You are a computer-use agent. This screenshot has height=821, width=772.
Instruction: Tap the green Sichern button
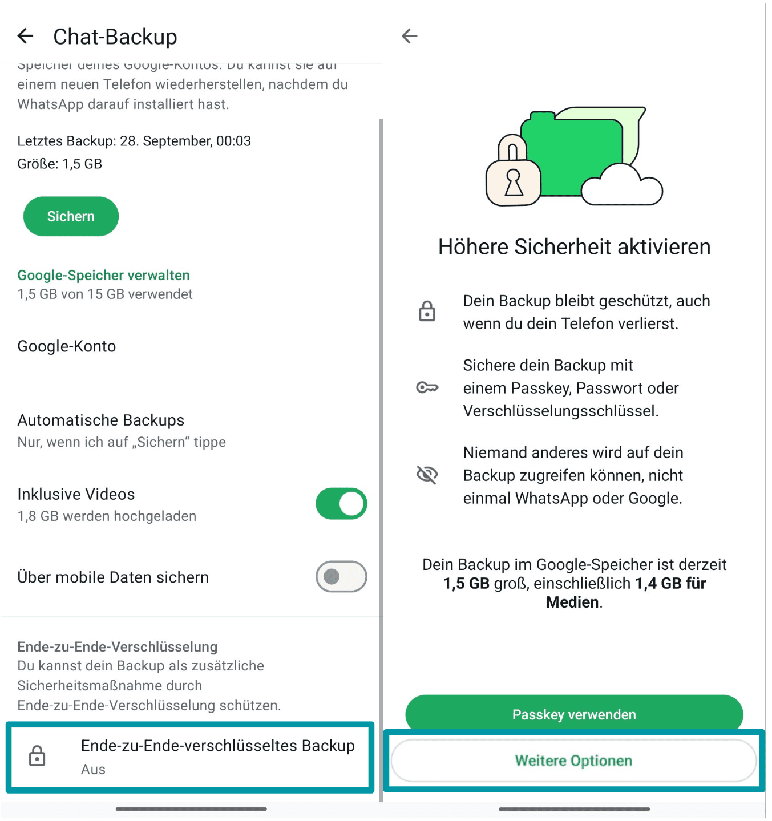(71, 216)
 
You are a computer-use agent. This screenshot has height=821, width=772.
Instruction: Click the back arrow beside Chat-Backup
(26, 37)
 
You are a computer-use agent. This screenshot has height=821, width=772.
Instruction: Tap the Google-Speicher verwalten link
(103, 275)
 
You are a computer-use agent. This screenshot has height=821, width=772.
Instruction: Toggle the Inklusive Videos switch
(341, 504)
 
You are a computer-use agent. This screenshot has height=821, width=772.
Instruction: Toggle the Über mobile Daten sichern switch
(341, 577)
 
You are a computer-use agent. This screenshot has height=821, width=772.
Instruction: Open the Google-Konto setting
(67, 346)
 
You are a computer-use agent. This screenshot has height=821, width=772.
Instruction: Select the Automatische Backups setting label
(101, 420)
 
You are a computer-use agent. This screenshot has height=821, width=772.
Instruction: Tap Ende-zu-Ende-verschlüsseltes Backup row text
(217, 746)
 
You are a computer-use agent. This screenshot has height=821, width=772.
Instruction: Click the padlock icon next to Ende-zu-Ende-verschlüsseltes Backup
(38, 756)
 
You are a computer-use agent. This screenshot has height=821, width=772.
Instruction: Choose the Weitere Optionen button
(573, 761)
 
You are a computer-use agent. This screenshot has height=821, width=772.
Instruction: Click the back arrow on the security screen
(410, 37)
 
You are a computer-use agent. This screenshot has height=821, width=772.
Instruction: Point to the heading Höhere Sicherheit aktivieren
(574, 247)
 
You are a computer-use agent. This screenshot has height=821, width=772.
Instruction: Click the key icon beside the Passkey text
(427, 388)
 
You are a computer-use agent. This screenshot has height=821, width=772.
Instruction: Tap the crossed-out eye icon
(427, 475)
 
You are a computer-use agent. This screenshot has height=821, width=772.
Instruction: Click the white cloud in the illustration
(622, 187)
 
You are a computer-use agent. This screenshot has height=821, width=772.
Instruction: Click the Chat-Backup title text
(115, 37)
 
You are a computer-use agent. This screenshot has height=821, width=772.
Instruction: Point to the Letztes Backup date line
(134, 141)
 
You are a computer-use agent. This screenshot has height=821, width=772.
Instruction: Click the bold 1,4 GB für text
(670, 583)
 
